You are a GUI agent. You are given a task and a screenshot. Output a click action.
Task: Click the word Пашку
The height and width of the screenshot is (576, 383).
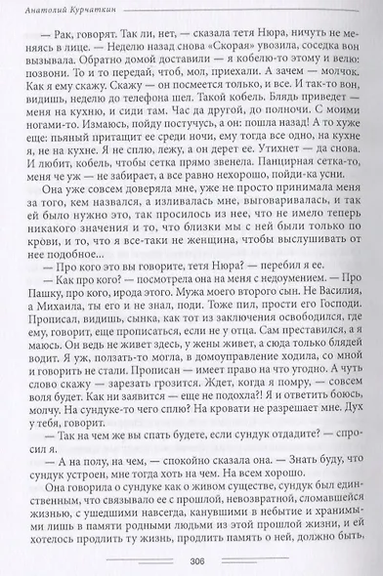45,319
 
